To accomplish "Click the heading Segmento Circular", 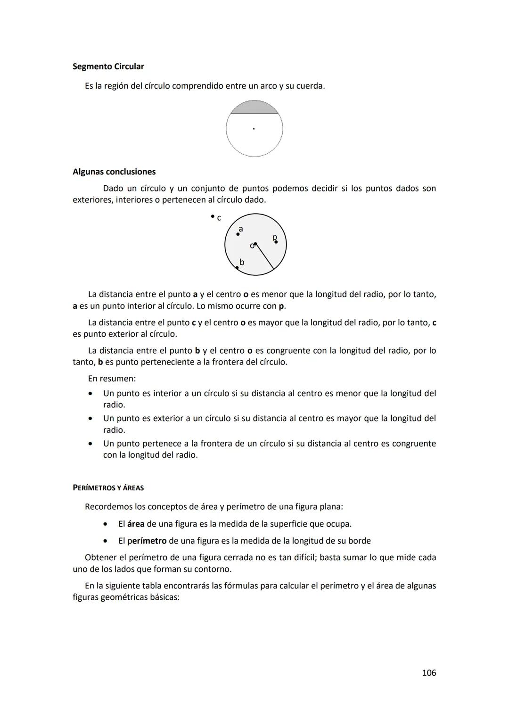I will point(108,66).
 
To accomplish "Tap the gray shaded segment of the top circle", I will point(254,108).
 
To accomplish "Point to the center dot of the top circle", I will point(254,128).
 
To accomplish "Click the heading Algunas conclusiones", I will point(114,172).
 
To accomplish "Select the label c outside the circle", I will point(219,218).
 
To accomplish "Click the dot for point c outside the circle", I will point(213,216).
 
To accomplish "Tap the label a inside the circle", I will point(241,229).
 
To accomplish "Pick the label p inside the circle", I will point(275,237).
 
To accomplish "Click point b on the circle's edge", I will point(238,267).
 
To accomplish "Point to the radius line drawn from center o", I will point(265,257).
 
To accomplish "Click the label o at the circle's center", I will point(252,246).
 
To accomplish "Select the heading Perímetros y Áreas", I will point(108,488).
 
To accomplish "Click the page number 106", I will point(429,673).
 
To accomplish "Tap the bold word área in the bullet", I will point(136,524).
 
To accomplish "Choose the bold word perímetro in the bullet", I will point(147,541).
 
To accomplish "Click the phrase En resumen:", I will point(112,379).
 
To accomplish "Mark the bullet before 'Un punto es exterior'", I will point(90,418).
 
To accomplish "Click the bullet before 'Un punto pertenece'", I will point(90,444).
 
